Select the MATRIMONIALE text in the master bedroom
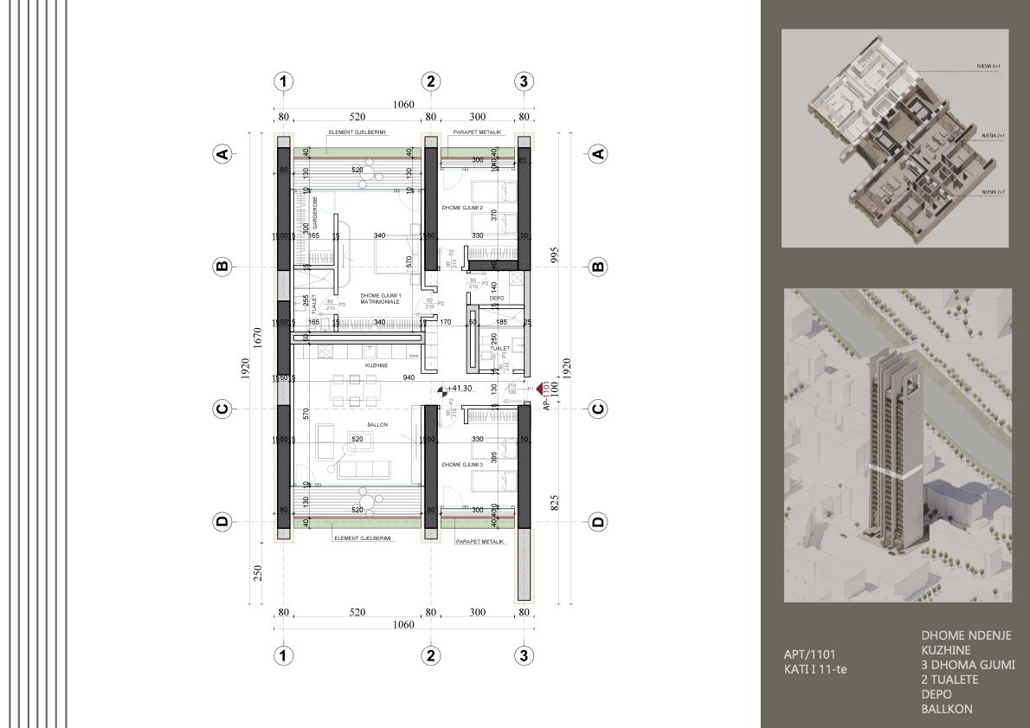380,302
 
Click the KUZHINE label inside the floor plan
376,366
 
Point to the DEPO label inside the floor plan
497,298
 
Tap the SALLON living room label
376,426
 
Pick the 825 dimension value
554,501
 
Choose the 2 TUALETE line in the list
950,680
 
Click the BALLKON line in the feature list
947,709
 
